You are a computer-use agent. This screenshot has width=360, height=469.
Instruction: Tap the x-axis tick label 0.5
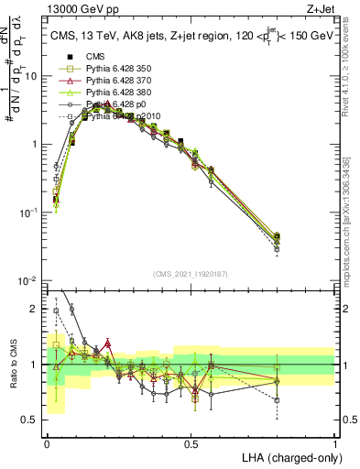coord(191,442)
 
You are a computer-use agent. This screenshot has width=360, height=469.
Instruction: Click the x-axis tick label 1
coord(335,442)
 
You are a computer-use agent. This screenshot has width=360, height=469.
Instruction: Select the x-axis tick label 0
coord(47,442)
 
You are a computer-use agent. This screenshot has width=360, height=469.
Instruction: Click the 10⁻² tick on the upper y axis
coord(31,280)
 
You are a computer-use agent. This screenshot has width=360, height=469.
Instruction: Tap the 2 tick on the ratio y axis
coord(36,309)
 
